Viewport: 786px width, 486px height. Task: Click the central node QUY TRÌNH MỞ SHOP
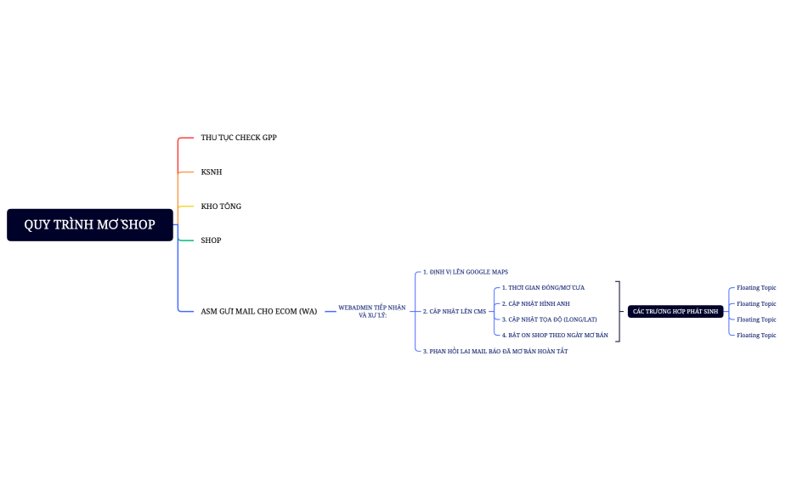pyautogui.click(x=89, y=225)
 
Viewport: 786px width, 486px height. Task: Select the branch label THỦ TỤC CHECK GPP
pyautogui.click(x=239, y=138)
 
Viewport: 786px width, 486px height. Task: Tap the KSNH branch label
pyautogui.click(x=212, y=172)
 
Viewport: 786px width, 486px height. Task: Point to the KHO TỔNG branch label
pyautogui.click(x=221, y=206)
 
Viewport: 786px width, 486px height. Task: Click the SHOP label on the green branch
pyautogui.click(x=211, y=240)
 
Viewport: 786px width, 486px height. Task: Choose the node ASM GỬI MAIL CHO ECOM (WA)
pyautogui.click(x=259, y=312)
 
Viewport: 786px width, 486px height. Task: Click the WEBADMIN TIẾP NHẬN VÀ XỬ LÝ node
pyautogui.click(x=372, y=311)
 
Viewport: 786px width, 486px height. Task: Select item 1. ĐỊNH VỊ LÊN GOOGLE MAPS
pyautogui.click(x=466, y=272)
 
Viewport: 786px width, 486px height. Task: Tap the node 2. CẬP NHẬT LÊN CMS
pyautogui.click(x=455, y=312)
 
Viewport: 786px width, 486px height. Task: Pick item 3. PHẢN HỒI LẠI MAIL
pyautogui.click(x=495, y=351)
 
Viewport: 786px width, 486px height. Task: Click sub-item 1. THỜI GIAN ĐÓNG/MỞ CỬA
pyautogui.click(x=543, y=288)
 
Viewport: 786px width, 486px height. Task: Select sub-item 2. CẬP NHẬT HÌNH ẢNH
pyautogui.click(x=535, y=303)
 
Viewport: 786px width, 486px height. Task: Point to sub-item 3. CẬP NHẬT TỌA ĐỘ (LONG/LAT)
pyautogui.click(x=549, y=319)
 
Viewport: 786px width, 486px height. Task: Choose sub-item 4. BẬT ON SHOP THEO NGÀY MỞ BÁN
pyautogui.click(x=555, y=336)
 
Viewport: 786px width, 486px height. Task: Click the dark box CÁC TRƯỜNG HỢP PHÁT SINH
pyautogui.click(x=676, y=312)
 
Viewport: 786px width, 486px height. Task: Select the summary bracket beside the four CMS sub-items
pyautogui.click(x=619, y=312)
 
